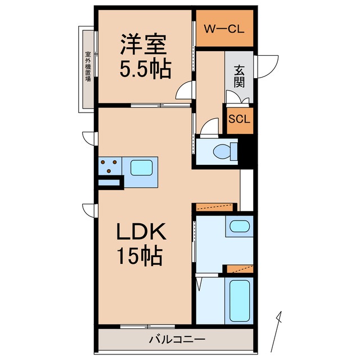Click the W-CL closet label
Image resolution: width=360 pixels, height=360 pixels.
pos(223,29)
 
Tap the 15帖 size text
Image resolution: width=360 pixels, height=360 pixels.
pos(140,256)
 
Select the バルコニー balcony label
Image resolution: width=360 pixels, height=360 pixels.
pos(177,339)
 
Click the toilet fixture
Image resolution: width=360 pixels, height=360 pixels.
pos(221,151)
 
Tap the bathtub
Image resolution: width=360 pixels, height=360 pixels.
pos(238,300)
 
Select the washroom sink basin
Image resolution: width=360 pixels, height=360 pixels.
pos(240,228)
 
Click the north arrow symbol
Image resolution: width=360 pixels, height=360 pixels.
pos(278,332)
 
